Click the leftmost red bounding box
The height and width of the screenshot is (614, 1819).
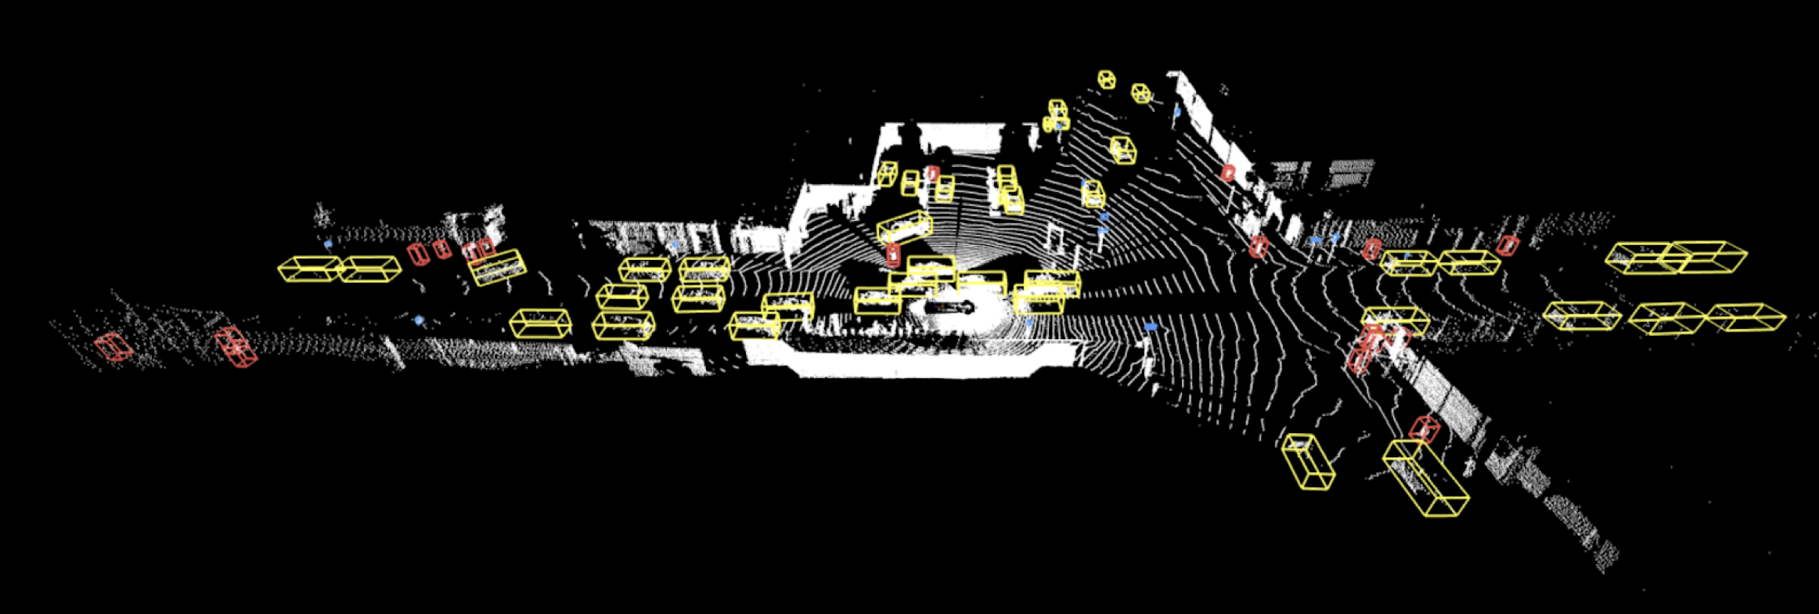click(x=113, y=346)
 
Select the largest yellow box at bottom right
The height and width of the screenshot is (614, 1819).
click(x=1425, y=478)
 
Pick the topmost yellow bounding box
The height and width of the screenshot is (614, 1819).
click(x=1106, y=79)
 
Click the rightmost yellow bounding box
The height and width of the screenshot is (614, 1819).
click(x=1745, y=318)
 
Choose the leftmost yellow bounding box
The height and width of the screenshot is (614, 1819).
click(x=310, y=269)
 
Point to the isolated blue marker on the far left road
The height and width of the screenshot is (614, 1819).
click(x=420, y=320)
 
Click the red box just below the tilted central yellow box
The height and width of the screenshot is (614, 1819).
click(x=893, y=255)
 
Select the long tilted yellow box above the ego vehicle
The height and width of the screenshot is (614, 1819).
click(x=905, y=227)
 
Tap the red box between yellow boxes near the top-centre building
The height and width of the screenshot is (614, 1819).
click(x=931, y=173)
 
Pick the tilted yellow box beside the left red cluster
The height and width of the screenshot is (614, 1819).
click(x=497, y=267)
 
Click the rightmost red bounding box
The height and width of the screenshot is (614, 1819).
click(x=1507, y=246)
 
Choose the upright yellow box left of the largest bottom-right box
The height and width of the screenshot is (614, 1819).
click(x=1308, y=462)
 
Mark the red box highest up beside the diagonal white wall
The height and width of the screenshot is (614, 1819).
click(x=1227, y=173)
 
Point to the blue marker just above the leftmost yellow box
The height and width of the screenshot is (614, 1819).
click(x=329, y=244)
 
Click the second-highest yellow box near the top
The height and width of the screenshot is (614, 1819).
click(x=1141, y=93)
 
